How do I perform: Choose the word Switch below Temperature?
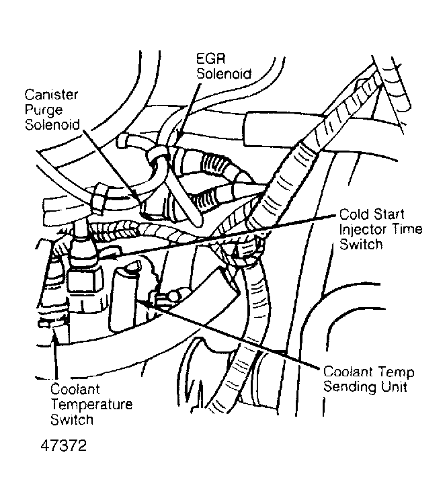[x=71, y=421]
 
